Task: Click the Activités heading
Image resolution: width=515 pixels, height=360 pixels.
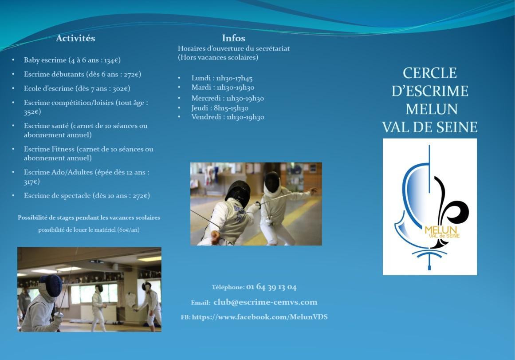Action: click(75, 38)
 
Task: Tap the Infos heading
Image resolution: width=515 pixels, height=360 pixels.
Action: click(233, 38)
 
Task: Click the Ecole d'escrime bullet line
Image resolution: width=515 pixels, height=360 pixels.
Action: click(77, 88)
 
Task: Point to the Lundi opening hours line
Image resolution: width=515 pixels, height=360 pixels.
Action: click(222, 78)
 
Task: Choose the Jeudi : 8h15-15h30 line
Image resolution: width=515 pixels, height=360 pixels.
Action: click(220, 108)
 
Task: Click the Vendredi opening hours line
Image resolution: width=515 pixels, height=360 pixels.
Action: click(228, 117)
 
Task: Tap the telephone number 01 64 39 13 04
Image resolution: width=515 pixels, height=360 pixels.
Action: click(271, 287)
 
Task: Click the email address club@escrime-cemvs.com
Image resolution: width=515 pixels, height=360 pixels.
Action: click(265, 302)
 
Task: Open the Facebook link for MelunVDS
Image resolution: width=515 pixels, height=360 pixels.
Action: click(259, 317)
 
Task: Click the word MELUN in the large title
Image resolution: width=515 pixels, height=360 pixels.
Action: click(432, 109)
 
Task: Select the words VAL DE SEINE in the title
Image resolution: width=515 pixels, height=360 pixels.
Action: click(429, 127)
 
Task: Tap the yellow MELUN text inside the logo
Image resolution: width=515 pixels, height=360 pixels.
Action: click(441, 229)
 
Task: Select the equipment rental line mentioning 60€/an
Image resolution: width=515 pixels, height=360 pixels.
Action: click(89, 230)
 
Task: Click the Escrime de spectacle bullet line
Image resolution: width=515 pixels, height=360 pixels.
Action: click(86, 196)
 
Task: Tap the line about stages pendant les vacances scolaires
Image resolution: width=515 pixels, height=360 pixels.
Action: click(89, 218)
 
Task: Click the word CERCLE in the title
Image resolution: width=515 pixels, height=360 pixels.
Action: click(429, 73)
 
